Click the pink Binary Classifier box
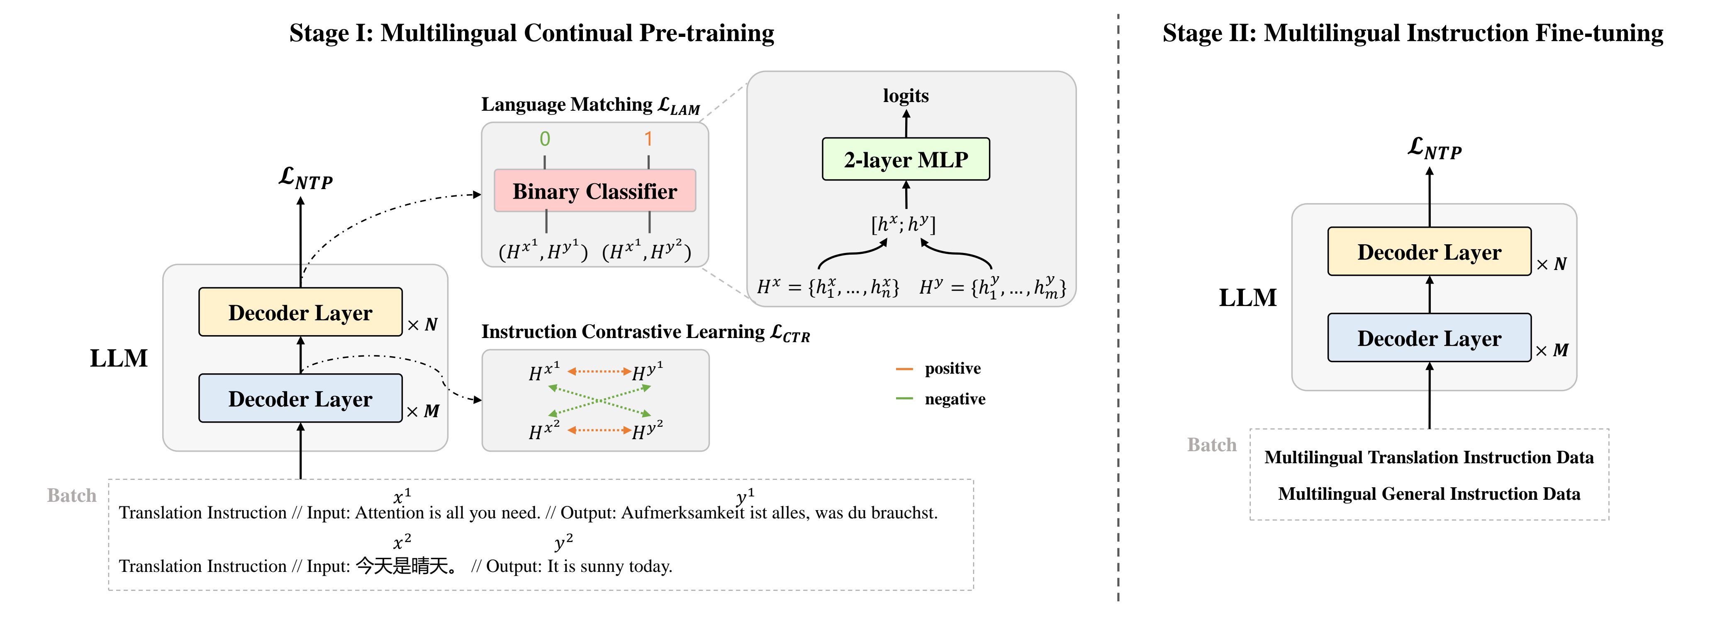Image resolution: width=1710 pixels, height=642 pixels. click(595, 191)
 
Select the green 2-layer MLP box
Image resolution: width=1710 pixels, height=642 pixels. click(906, 159)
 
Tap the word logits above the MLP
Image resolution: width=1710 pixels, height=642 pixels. click(906, 96)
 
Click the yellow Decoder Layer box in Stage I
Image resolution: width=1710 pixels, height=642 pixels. click(300, 312)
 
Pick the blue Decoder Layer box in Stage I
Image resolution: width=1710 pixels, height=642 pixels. click(300, 398)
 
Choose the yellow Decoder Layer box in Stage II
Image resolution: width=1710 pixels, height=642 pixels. click(1429, 252)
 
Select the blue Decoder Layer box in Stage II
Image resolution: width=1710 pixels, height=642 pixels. click(1429, 338)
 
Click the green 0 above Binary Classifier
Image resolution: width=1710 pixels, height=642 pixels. click(544, 139)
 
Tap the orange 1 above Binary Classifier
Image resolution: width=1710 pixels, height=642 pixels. click(648, 139)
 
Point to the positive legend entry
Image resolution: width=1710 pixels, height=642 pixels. click(952, 368)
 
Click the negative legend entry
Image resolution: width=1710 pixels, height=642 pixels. click(955, 399)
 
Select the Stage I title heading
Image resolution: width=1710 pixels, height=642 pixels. click(531, 33)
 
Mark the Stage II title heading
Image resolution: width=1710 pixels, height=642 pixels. click(1413, 33)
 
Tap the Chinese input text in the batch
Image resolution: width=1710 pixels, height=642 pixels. click(406, 566)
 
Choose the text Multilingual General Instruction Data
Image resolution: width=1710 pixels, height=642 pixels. click(1429, 494)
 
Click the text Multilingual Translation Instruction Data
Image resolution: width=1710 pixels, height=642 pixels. click(1429, 457)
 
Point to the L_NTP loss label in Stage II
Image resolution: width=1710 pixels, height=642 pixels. click(1434, 149)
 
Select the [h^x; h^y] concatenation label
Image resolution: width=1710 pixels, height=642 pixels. click(903, 224)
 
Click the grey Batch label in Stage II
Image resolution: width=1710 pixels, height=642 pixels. click(1211, 445)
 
